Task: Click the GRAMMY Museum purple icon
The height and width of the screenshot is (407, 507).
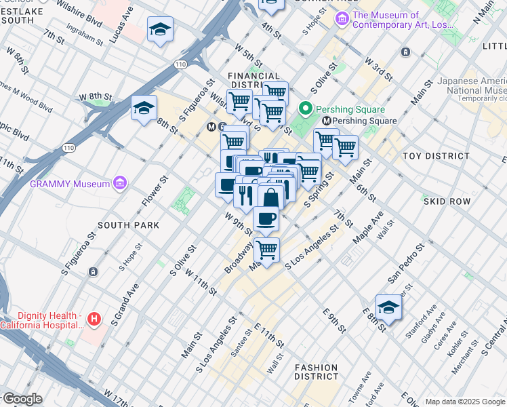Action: [x=121, y=183]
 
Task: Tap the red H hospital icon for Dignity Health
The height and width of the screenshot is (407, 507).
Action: [x=94, y=317]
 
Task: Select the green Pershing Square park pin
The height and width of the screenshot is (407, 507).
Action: [x=306, y=109]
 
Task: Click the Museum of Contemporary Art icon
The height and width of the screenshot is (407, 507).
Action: [x=342, y=20]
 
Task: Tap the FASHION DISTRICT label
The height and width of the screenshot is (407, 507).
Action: [x=317, y=372]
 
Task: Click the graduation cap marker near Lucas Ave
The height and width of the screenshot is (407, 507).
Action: [x=160, y=30]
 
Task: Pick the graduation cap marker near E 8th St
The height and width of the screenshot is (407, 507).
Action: [x=388, y=307]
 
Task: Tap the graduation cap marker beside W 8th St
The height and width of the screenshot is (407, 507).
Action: [x=144, y=109]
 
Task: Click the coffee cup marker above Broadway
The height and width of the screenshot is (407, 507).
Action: [x=266, y=219]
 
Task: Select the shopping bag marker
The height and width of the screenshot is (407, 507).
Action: [x=270, y=197]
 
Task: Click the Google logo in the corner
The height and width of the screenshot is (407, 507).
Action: [x=22, y=399]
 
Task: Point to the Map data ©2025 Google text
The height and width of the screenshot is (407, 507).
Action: [x=465, y=402]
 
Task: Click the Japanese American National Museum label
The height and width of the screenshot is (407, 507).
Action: [x=472, y=85]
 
